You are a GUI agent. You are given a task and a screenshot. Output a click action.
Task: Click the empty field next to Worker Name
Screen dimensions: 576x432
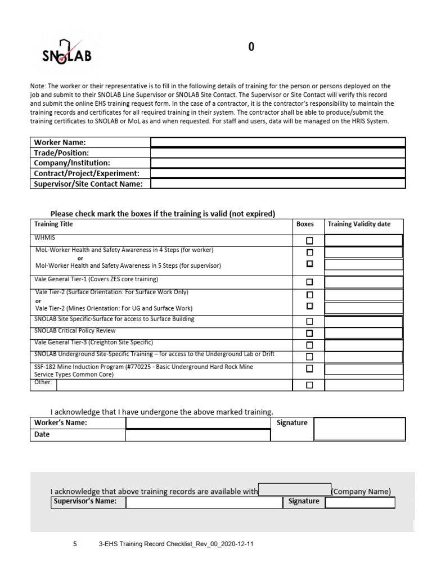click(x=278, y=143)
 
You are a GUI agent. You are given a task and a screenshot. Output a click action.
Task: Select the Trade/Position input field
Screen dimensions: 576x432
click(x=278, y=153)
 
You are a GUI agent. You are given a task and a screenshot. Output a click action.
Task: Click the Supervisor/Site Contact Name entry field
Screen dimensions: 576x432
click(x=278, y=184)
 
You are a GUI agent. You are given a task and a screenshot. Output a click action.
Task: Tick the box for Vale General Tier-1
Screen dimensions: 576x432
click(x=309, y=282)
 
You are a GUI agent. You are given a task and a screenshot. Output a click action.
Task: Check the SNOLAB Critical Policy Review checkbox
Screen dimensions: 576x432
click(x=309, y=333)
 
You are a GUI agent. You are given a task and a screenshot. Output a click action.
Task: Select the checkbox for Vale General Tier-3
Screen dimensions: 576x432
click(x=309, y=345)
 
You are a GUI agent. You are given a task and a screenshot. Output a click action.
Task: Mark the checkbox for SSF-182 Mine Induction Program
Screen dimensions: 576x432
click(x=309, y=369)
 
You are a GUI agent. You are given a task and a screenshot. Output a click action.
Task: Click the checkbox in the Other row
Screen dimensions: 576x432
click(x=309, y=385)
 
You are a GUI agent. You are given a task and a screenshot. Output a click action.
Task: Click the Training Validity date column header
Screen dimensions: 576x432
click(x=359, y=224)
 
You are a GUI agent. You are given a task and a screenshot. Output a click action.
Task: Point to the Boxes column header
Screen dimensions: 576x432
click(x=305, y=224)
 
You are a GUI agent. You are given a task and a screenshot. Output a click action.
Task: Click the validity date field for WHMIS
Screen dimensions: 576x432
click(x=364, y=241)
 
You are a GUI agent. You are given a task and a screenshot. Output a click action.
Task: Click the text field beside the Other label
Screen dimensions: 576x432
click(x=174, y=385)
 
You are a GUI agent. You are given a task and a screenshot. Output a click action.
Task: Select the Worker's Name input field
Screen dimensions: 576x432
click(x=197, y=423)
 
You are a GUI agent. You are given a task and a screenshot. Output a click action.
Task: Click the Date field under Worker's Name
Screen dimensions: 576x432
click(x=197, y=435)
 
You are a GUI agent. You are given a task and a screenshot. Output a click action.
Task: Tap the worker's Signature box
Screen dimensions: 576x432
click(x=359, y=429)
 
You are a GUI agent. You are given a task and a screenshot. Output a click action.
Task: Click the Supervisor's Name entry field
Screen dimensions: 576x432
click(x=204, y=502)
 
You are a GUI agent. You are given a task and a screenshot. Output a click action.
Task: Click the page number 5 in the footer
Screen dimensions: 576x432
click(x=75, y=544)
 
